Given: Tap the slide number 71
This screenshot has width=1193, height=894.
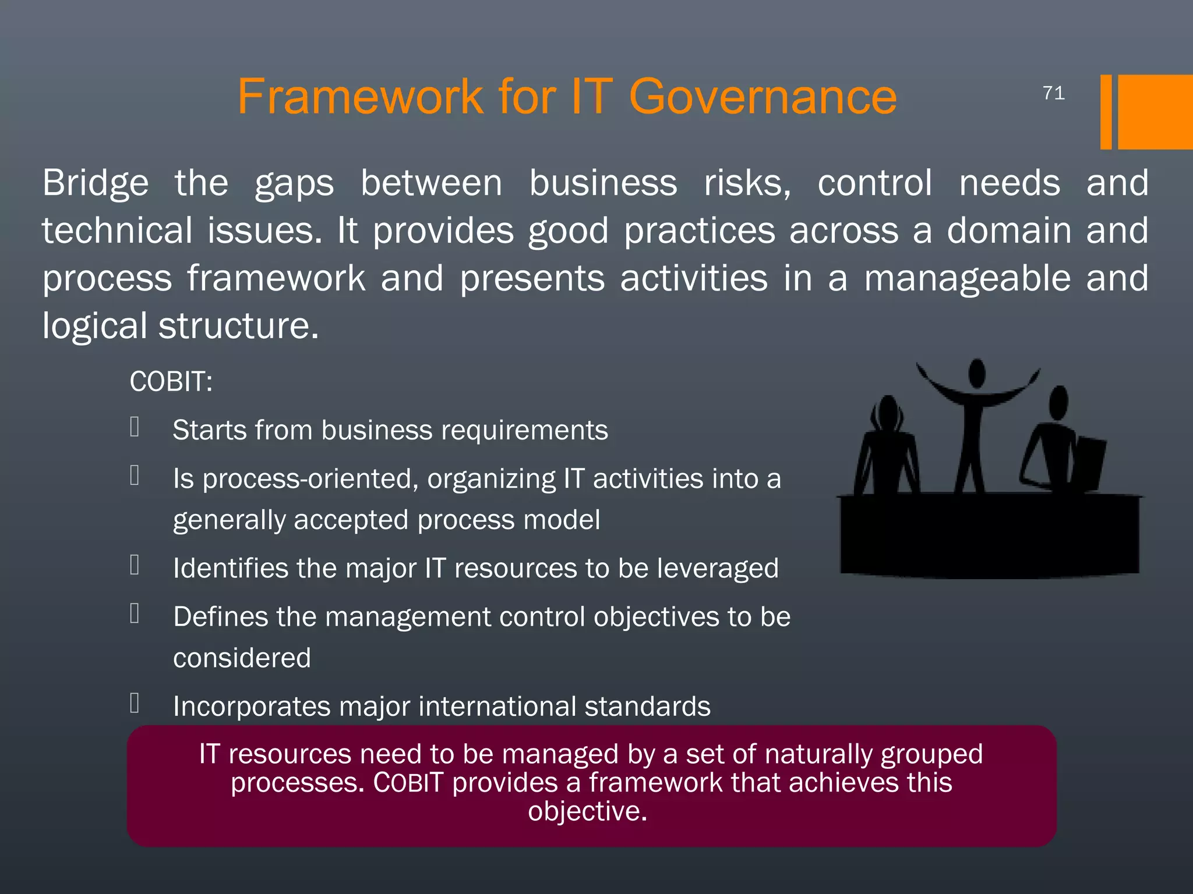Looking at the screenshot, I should [x=1054, y=93].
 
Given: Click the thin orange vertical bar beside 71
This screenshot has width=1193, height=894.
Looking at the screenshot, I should [x=1106, y=112].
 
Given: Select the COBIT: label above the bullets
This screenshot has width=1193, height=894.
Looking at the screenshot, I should [x=171, y=382].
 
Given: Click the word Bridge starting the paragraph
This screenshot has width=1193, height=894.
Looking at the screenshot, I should [x=96, y=183].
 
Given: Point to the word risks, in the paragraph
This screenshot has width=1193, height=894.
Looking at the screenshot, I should [x=747, y=183].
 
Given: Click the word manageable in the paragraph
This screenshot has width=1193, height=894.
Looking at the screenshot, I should [x=967, y=278].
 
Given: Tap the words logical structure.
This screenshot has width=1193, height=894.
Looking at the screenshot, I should [x=181, y=326].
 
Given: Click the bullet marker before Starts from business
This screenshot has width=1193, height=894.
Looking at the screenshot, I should [x=135, y=427].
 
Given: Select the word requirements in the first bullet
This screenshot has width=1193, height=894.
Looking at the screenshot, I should [x=524, y=431].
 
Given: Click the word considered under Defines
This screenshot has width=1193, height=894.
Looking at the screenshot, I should [x=242, y=658].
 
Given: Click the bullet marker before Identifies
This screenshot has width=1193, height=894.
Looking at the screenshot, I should [x=135, y=565].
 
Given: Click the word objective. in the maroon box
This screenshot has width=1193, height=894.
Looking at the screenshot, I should [x=587, y=811].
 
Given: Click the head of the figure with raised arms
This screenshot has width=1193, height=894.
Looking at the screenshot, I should [x=977, y=372].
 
